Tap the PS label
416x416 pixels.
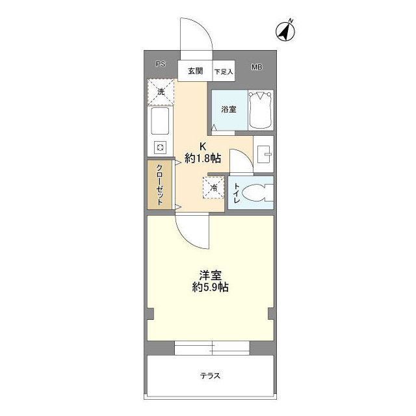pyautogui.click(x=160, y=64)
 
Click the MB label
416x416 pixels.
pyautogui.click(x=257, y=67)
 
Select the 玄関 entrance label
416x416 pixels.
pyautogui.click(x=196, y=70)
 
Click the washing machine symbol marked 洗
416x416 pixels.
pyautogui.click(x=161, y=92)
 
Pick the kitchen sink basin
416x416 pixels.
pyautogui.click(x=160, y=122)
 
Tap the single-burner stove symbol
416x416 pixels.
pyautogui.click(x=159, y=147)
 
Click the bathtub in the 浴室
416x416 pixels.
pyautogui.click(x=261, y=108)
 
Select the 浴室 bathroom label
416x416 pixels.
pyautogui.click(x=228, y=109)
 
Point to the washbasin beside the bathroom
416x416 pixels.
pyautogui.click(x=265, y=154)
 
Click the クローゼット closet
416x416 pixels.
pyautogui.click(x=159, y=185)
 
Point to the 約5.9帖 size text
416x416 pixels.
pyautogui.click(x=209, y=287)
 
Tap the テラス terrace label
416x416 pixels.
pyautogui.click(x=209, y=376)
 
